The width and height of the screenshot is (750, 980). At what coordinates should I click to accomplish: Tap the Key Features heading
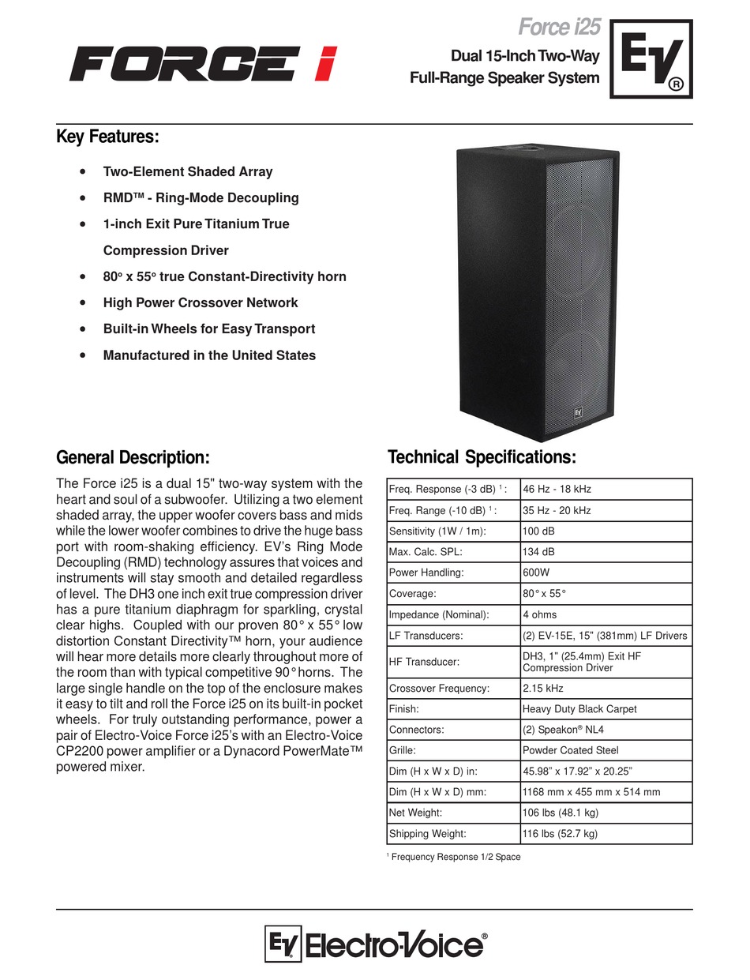pyautogui.click(x=107, y=137)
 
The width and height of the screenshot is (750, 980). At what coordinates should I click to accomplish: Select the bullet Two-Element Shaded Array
pyautogui.click(x=188, y=171)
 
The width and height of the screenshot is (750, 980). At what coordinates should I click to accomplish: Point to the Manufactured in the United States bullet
pyautogui.click(x=209, y=355)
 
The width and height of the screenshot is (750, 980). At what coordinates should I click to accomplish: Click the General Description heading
pyautogui.click(x=133, y=457)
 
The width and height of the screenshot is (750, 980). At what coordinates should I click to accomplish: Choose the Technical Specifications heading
pyautogui.click(x=482, y=457)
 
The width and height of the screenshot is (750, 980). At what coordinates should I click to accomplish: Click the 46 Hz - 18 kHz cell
pyautogui.click(x=557, y=490)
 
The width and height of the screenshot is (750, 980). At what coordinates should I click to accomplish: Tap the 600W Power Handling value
pyautogui.click(x=538, y=573)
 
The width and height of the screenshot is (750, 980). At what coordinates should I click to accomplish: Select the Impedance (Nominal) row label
pyautogui.click(x=439, y=614)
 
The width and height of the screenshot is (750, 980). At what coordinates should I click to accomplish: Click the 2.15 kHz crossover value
pyautogui.click(x=544, y=688)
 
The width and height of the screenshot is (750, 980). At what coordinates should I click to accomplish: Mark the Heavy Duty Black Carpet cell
pyautogui.click(x=579, y=709)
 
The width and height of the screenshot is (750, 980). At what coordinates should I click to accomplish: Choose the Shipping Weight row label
pyautogui.click(x=427, y=833)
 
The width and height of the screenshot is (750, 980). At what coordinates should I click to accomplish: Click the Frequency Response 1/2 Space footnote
pyautogui.click(x=455, y=857)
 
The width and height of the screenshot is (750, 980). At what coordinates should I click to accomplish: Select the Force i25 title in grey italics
pyautogui.click(x=559, y=28)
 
